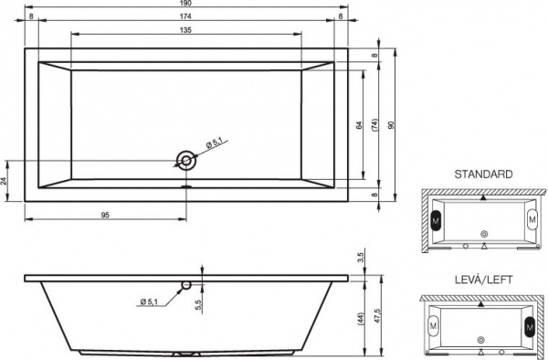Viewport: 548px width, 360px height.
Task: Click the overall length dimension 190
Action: point(186,5)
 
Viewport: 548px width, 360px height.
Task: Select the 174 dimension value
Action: point(186,16)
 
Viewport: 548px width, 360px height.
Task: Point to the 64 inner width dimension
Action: point(360,124)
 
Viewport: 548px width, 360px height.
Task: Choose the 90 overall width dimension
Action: point(393,125)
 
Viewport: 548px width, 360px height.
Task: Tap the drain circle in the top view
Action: point(186,162)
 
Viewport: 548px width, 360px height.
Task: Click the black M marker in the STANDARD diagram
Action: point(435,220)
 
